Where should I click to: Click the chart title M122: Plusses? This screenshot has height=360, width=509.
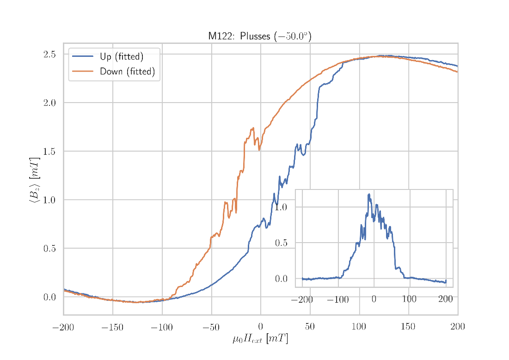pyautogui.click(x=259, y=37)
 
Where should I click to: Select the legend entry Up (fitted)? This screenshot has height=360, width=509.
pyautogui.click(x=122, y=57)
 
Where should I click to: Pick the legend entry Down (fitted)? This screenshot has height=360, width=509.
pyautogui.click(x=127, y=72)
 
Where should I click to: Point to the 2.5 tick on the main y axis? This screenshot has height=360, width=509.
pyautogui.click(x=49, y=54)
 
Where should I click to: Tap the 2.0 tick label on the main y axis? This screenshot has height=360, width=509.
pyautogui.click(x=49, y=103)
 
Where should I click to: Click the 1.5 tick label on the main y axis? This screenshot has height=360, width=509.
pyautogui.click(x=49, y=151)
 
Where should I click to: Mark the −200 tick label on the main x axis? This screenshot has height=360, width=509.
pyautogui.click(x=63, y=328)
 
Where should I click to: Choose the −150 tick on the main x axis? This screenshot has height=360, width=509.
pyautogui.click(x=112, y=328)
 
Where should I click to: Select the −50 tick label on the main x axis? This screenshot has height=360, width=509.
pyautogui.click(x=211, y=328)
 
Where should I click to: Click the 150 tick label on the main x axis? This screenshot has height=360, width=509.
pyautogui.click(x=408, y=328)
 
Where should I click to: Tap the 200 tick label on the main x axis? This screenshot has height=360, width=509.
pyautogui.click(x=458, y=328)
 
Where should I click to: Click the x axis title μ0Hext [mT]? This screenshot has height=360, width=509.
pyautogui.click(x=260, y=339)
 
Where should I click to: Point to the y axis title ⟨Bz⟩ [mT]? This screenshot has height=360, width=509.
pyautogui.click(x=35, y=180)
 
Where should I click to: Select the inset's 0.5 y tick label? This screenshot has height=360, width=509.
pyautogui.click(x=281, y=243)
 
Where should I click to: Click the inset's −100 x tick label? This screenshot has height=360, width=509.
pyautogui.click(x=337, y=299)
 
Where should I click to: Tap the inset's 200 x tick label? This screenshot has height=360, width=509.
pyautogui.click(x=445, y=299)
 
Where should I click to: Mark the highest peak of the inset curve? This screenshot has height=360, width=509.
pyautogui.click(x=368, y=194)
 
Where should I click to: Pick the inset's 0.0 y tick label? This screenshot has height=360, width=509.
pyautogui.click(x=281, y=279)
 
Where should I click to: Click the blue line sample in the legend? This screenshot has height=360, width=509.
pyautogui.click(x=82, y=57)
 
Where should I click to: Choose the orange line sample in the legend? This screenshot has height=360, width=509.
pyautogui.click(x=82, y=72)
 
